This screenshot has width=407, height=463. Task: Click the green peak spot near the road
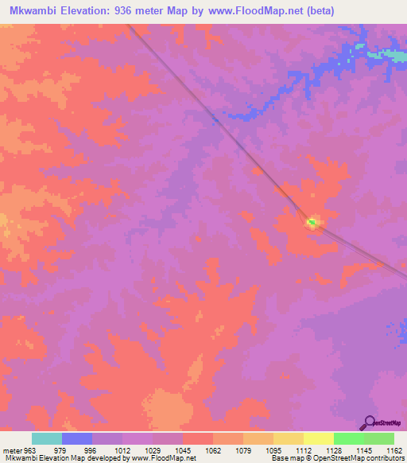pos(312,223)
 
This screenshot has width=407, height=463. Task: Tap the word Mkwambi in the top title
pos(29,11)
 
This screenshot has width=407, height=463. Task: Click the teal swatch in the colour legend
pos(47,438)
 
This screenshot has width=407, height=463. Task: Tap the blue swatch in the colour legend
pos(77,438)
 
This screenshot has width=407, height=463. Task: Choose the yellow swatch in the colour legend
pos(289,438)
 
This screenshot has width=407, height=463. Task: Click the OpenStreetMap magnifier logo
pos(369,422)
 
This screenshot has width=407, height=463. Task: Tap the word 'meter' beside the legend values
pos(12,451)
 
